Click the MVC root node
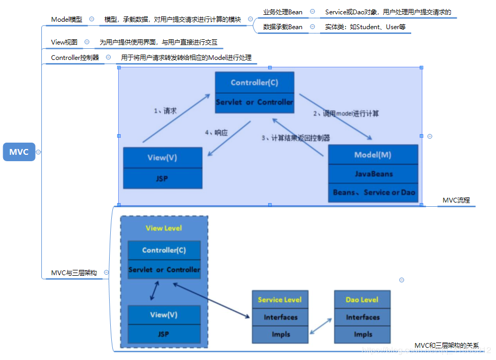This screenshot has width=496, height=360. point(19,152)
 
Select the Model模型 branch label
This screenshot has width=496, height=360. point(67,19)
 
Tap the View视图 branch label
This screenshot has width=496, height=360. point(64,42)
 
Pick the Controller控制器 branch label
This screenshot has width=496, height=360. point(75,57)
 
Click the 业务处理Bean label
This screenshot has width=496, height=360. point(282,12)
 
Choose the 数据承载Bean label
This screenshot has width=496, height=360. point(282,27)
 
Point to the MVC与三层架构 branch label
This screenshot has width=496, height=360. point(74,273)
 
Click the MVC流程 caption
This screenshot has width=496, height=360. point(456,200)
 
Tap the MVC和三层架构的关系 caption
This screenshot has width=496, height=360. point(446,346)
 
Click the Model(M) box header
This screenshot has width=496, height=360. point(373,155)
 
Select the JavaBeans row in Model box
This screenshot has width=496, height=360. point(373,173)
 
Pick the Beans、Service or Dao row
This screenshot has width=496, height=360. point(373,192)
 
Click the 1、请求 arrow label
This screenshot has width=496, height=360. point(165,111)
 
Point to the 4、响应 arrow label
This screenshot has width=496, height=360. point(216,133)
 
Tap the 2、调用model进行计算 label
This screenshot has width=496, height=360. point(346,113)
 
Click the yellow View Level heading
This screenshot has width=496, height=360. point(164,228)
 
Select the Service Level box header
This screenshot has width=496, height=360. point(280,300)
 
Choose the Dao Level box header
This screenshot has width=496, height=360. point(362,300)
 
